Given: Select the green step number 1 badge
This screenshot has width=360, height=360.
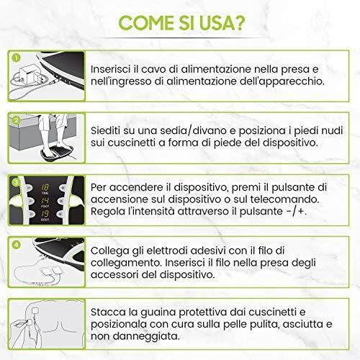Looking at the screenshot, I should click(x=15, y=53).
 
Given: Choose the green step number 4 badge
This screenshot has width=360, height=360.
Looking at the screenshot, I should click(x=15, y=243).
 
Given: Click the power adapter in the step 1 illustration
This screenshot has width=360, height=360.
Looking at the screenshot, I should click(x=32, y=71).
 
